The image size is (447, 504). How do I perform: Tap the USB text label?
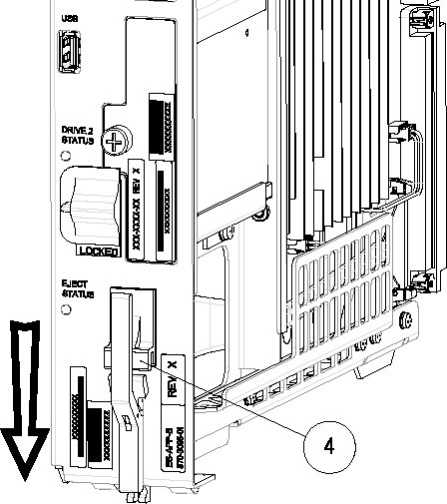pos(68,18)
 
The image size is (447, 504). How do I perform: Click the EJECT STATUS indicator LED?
pos(65,308)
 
